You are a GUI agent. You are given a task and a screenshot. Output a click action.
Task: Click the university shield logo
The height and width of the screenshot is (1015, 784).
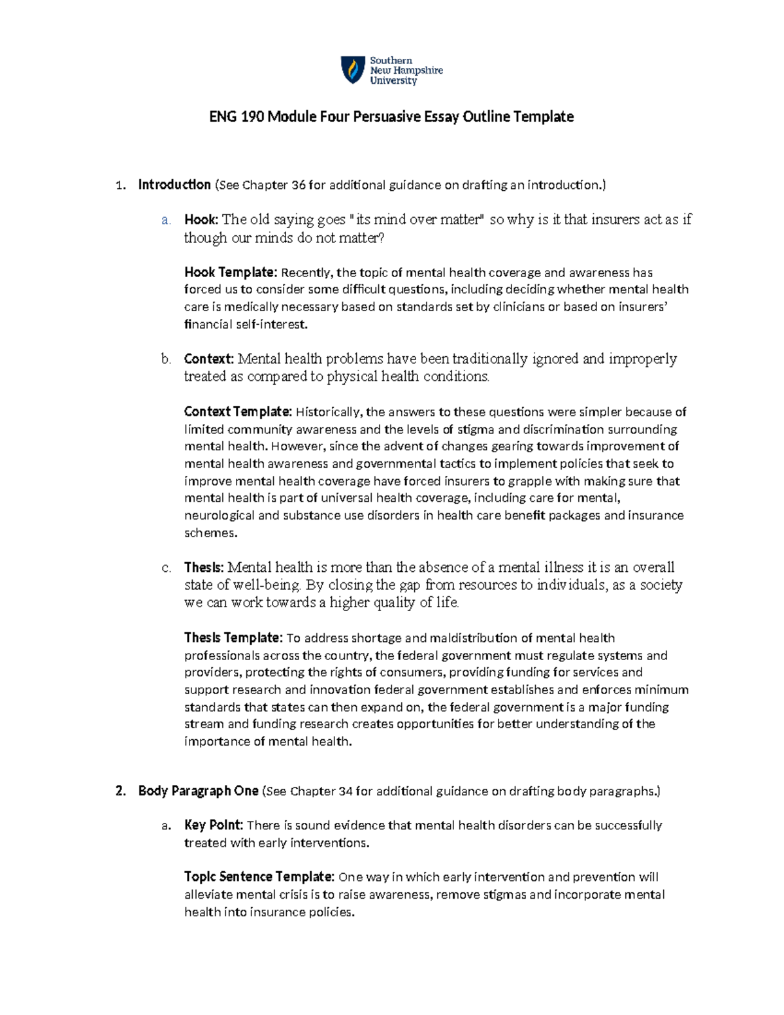[353, 70]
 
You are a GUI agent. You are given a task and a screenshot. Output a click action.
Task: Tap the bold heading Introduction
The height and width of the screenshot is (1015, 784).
[174, 185]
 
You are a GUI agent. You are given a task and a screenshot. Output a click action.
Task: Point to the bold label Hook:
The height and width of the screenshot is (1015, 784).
[201, 220]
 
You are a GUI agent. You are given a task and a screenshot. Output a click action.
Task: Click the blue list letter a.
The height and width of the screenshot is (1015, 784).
[165, 220]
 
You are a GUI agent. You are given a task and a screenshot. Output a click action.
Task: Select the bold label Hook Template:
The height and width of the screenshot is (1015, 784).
[231, 273]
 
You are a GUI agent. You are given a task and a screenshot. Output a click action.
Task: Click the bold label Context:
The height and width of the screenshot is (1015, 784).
[208, 359]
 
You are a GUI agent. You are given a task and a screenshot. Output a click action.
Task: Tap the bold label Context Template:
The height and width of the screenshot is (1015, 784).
[238, 412]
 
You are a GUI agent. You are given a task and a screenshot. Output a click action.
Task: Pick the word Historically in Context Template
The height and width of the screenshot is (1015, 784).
[329, 412]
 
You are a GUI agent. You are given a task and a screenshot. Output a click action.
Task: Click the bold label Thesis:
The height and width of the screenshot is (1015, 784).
[204, 567]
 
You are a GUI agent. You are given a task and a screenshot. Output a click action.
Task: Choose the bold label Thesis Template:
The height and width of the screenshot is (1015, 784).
[233, 638]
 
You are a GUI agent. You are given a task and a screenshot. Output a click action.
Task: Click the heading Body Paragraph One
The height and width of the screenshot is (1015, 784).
[198, 791]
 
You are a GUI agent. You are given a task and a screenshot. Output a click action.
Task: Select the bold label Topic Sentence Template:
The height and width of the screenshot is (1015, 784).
[259, 877]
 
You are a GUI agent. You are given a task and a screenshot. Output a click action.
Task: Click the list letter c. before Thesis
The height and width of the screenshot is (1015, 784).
[166, 567]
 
